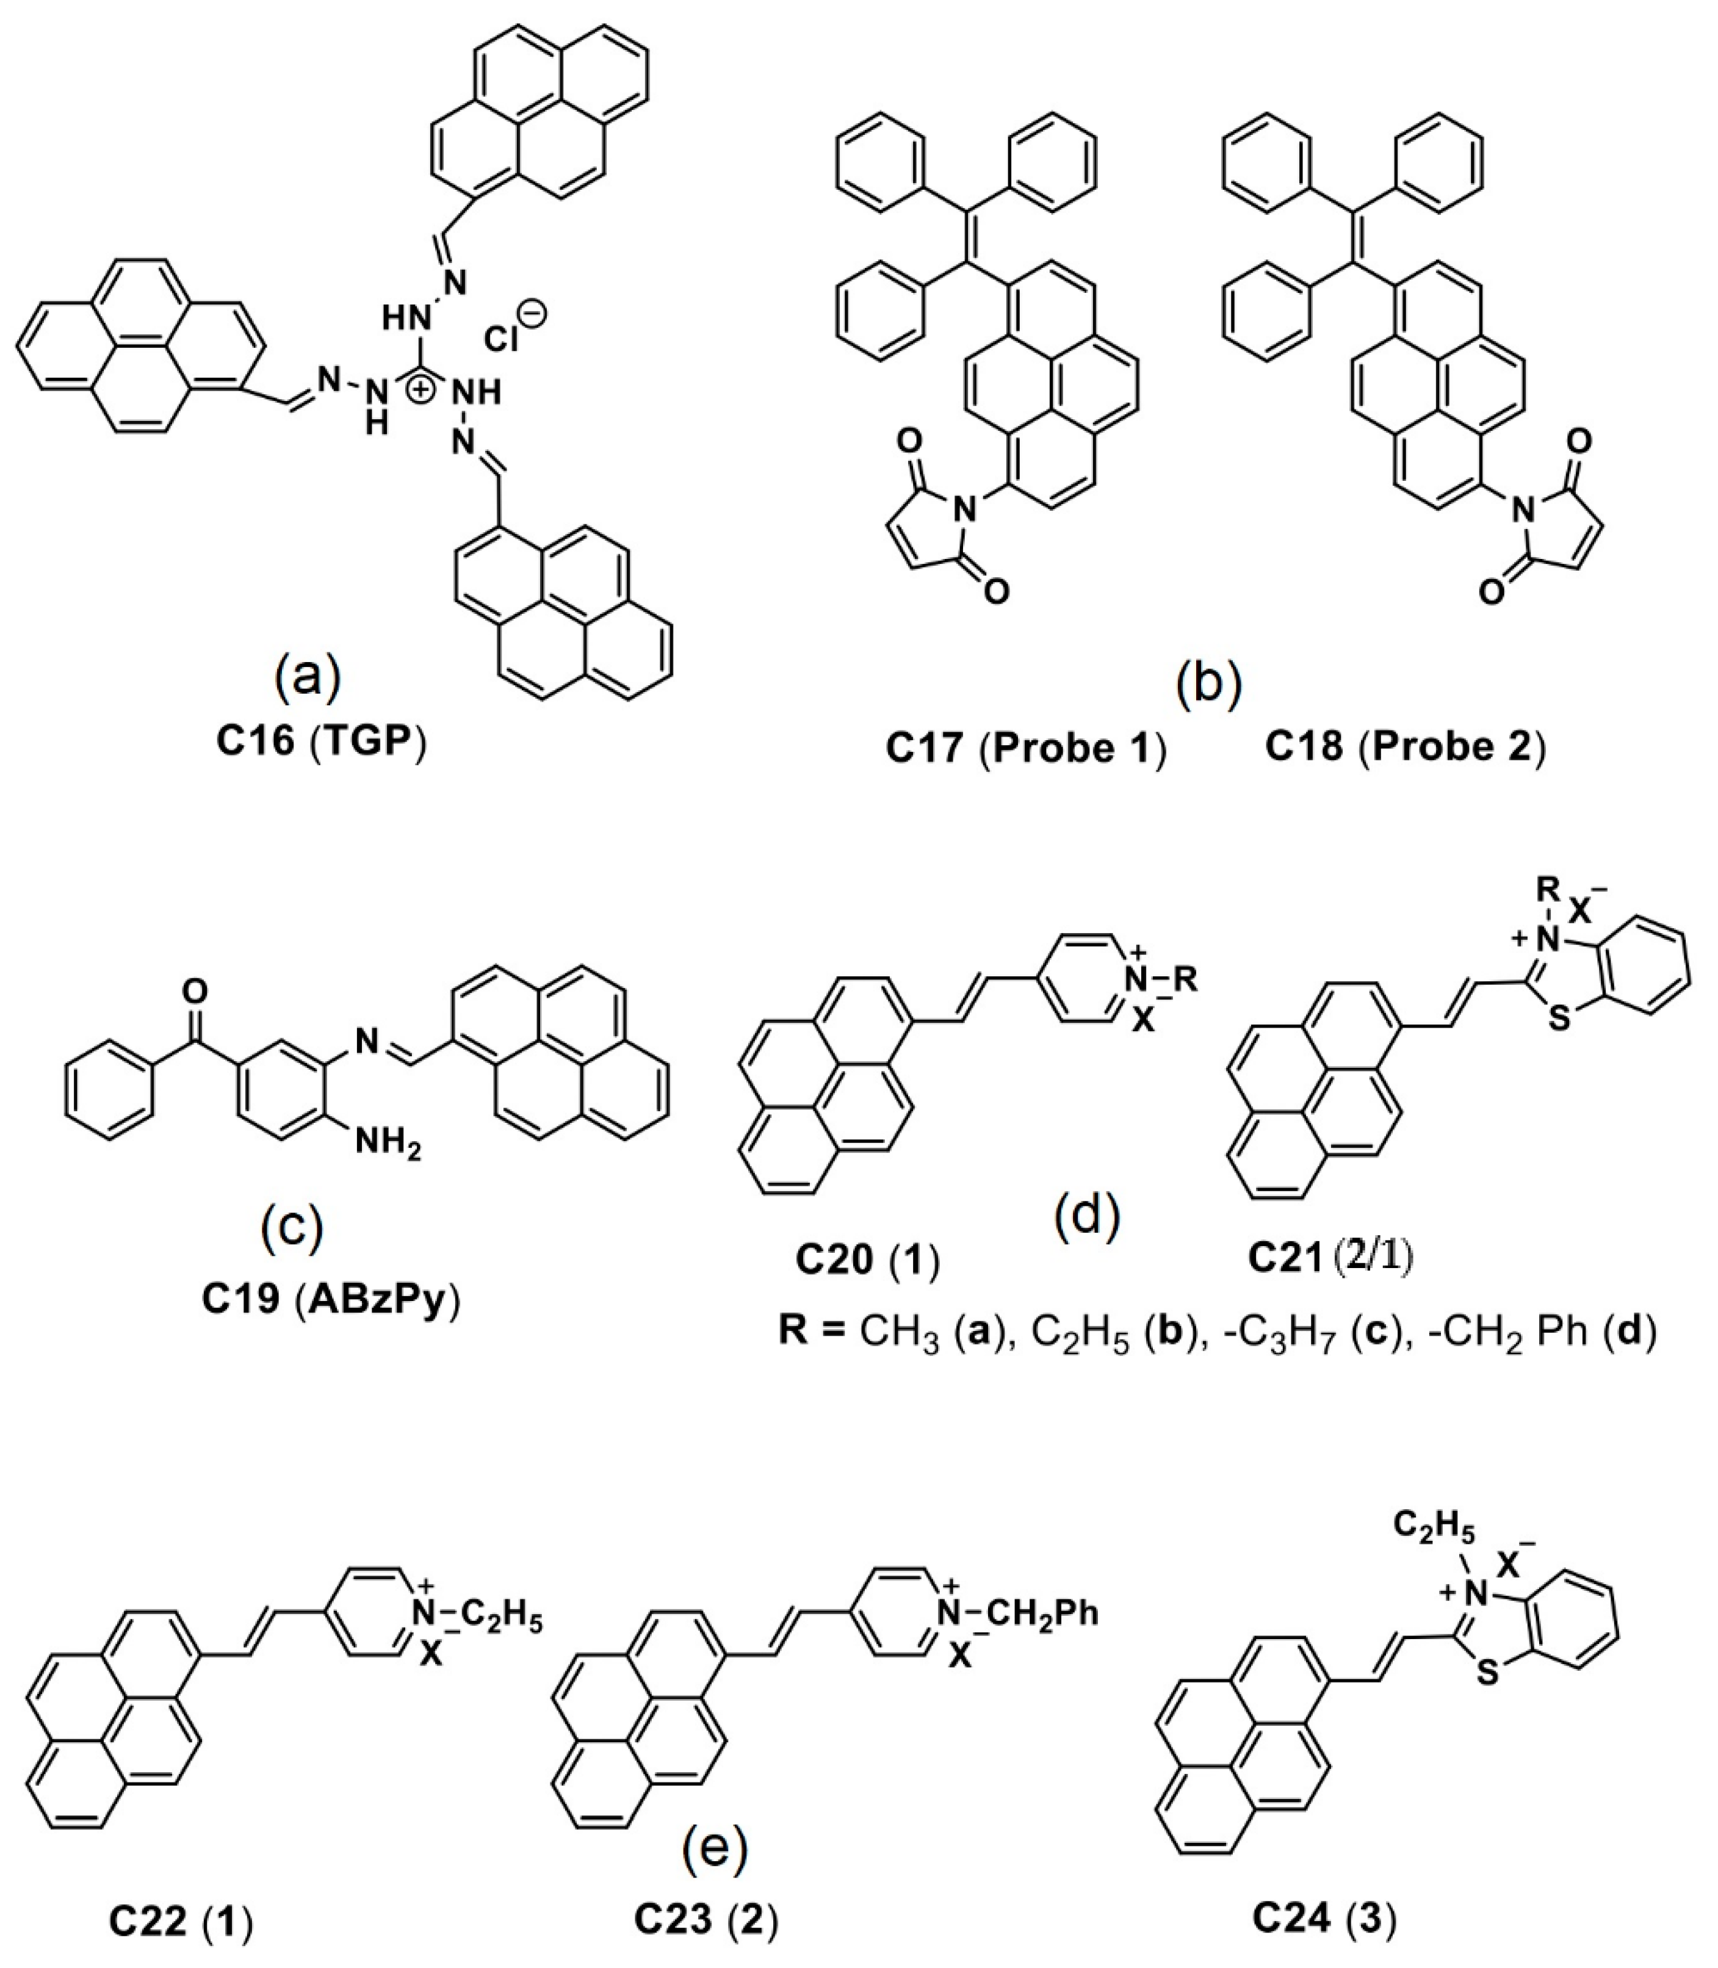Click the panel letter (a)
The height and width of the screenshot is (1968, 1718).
click(x=308, y=677)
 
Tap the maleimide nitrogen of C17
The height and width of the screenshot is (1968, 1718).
click(x=969, y=512)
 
